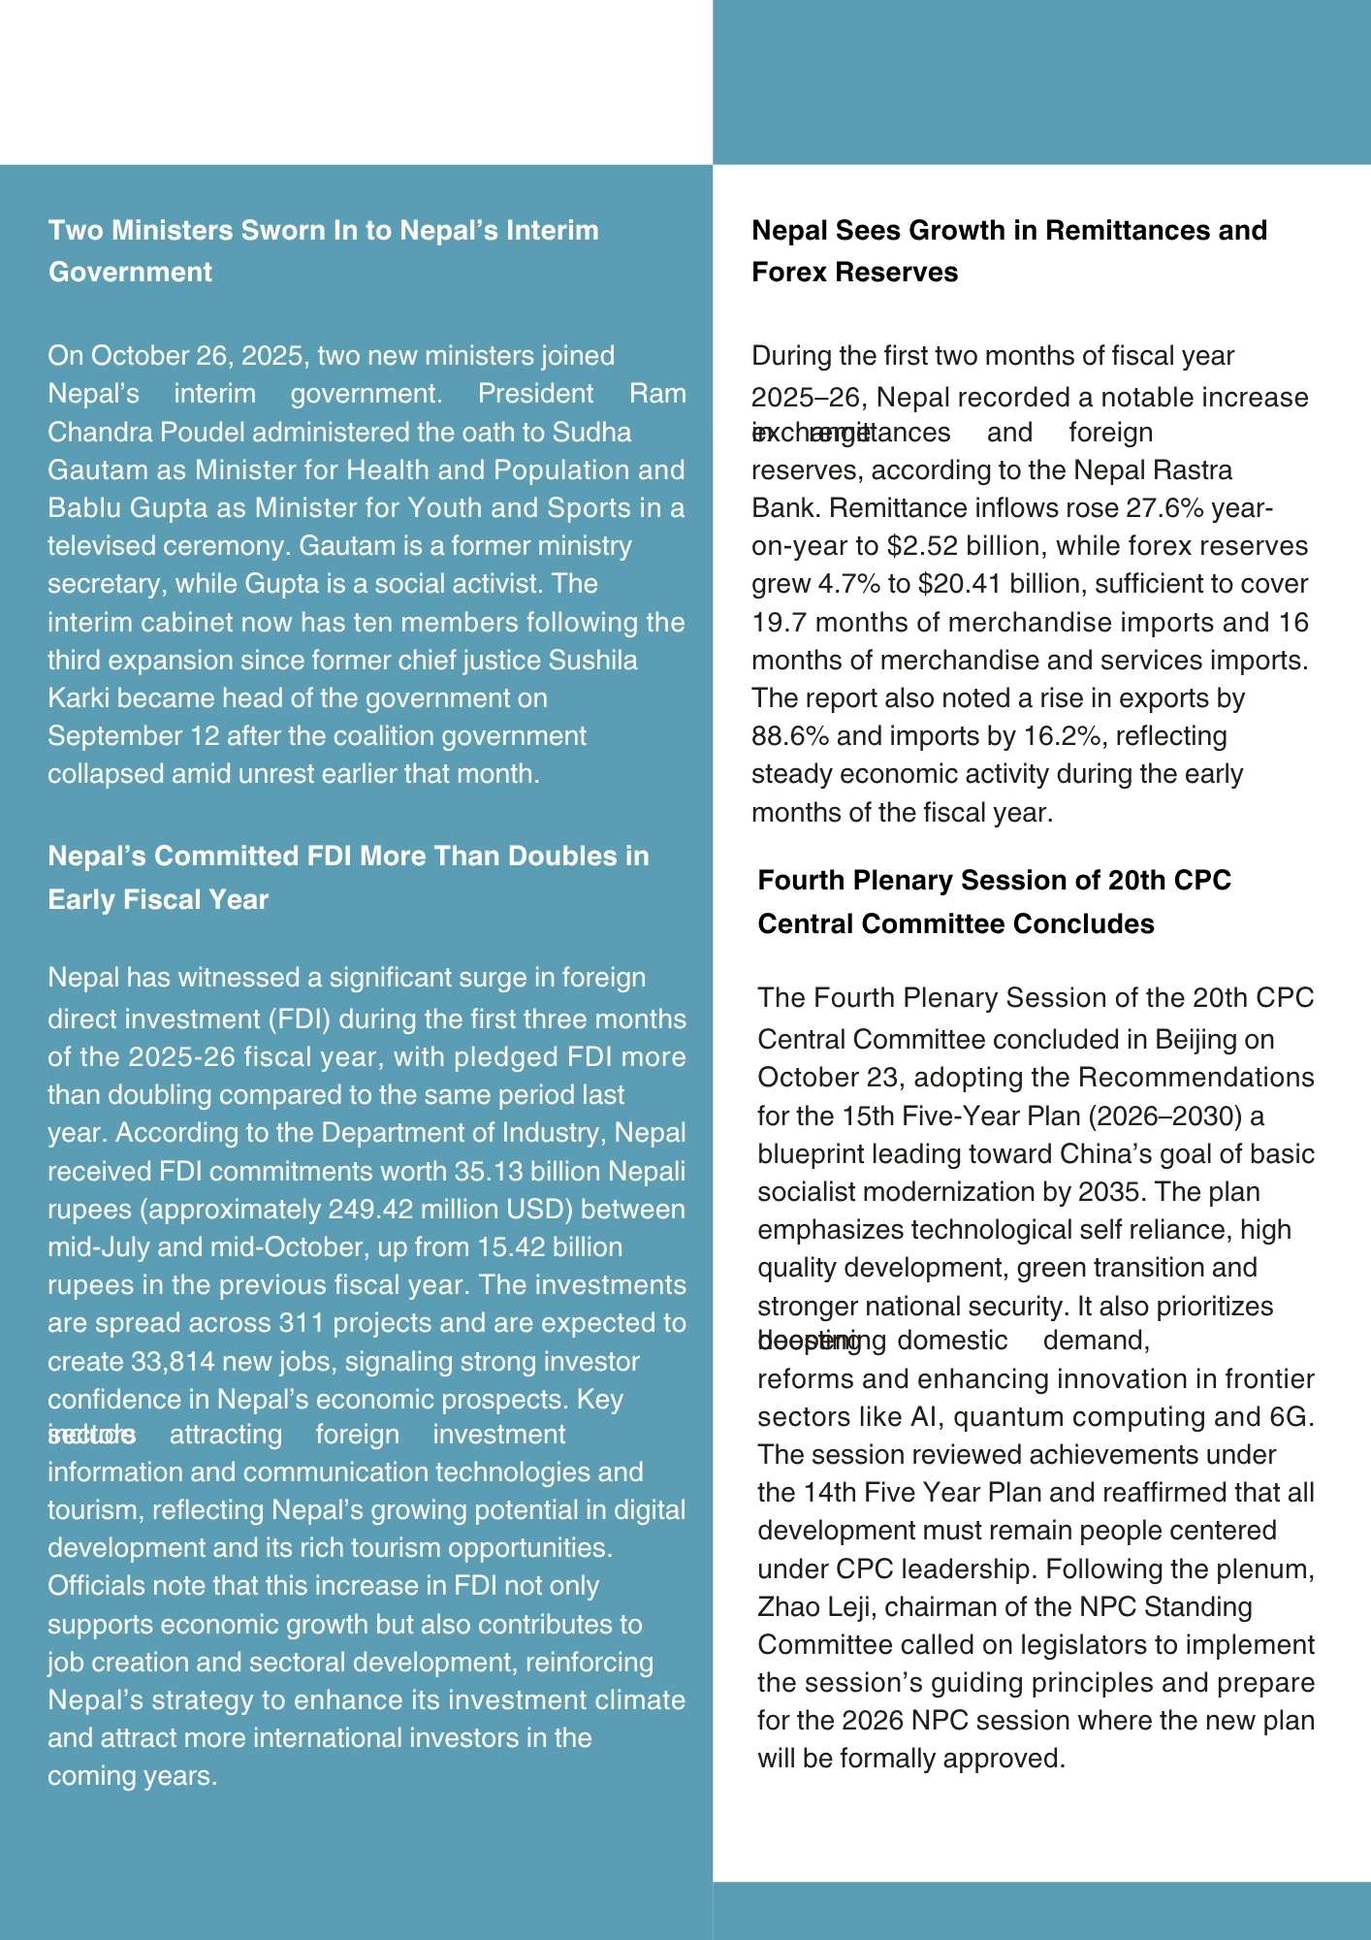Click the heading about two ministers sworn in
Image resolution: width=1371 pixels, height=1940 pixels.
(323, 250)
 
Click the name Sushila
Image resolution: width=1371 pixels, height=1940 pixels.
(593, 661)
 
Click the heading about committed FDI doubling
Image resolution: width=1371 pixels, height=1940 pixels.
(348, 877)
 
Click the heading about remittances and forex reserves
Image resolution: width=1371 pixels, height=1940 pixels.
(1008, 250)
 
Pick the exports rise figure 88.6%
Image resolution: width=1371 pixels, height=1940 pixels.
(789, 736)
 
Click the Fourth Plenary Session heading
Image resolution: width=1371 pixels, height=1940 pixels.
(994, 901)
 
